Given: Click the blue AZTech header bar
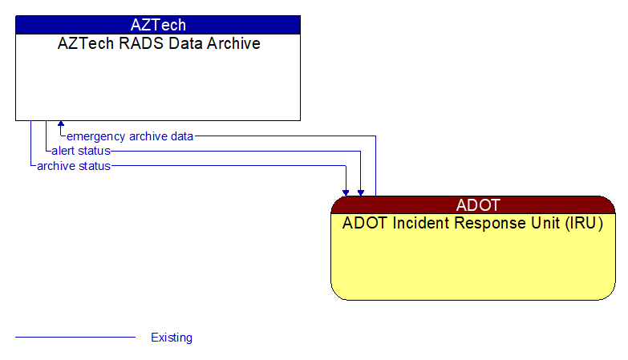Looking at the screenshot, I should tap(158, 25).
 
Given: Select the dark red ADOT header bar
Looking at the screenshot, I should tap(473, 204).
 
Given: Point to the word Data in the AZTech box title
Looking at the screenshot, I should tap(181, 44).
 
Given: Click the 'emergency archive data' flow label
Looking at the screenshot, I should tap(130, 136).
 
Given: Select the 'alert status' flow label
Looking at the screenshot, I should tap(81, 151).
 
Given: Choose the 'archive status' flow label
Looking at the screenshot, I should tap(74, 166).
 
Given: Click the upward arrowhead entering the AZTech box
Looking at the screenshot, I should tap(61, 125).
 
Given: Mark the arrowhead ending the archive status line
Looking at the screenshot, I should tap(346, 192).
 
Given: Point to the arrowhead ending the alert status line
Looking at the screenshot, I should tap(361, 192).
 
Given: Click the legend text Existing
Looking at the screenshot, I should tap(172, 338).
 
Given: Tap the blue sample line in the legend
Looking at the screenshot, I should tap(75, 338).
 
